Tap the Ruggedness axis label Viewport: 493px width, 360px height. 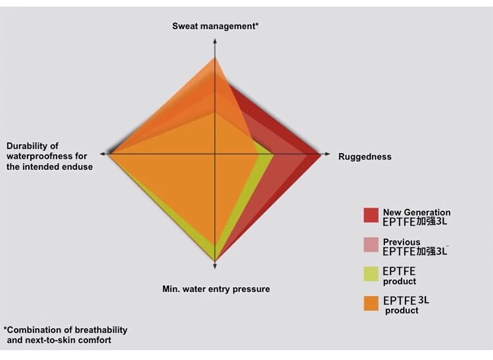[365, 157]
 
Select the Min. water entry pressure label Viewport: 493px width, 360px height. [216, 289]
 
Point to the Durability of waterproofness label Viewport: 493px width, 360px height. [49, 156]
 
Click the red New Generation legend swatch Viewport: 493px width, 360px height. [371, 215]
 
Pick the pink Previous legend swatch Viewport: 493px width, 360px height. [371, 245]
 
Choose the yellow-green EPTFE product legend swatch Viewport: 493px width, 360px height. [371, 274]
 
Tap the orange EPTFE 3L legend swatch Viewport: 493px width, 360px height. [371, 304]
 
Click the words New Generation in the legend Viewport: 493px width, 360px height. [417, 212]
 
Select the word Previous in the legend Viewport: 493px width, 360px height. [402, 242]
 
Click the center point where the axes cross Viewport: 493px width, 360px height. [215, 154]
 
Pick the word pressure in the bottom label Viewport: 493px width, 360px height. [250, 289]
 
